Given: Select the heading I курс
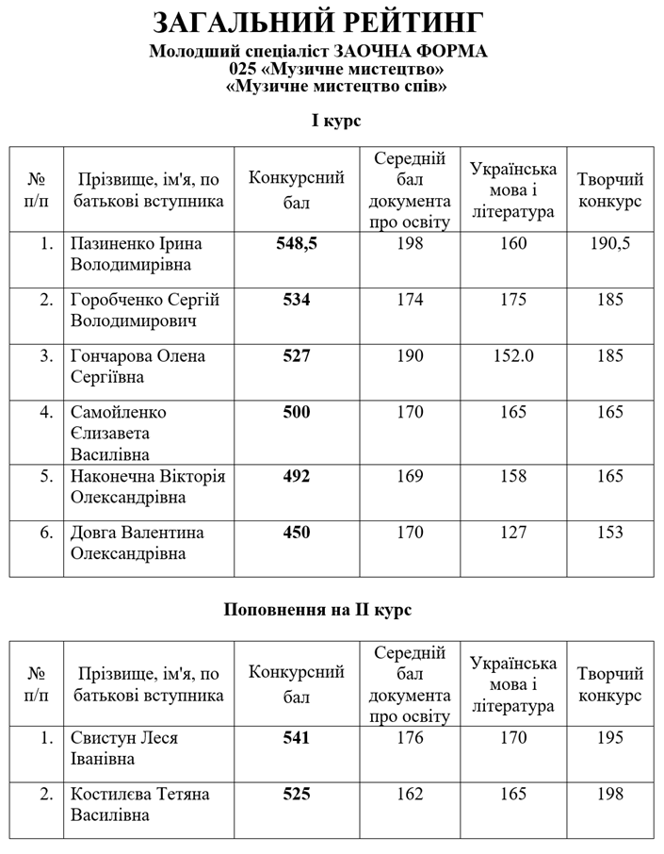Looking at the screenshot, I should [x=336, y=121].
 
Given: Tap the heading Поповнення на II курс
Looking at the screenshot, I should [x=317, y=610].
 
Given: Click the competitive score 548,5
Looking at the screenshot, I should [x=297, y=243].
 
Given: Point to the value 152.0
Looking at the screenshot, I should [x=513, y=356].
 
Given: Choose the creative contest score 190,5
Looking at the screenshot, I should [x=609, y=243].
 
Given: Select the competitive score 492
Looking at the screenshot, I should [x=297, y=476].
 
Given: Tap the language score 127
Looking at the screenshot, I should [x=513, y=533].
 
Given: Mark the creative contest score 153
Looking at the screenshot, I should [x=609, y=533].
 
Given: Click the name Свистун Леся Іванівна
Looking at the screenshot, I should [x=124, y=747].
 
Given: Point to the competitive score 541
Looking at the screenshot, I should [x=297, y=738].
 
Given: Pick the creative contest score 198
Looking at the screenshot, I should [x=609, y=794].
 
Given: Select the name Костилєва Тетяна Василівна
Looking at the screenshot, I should [x=139, y=804].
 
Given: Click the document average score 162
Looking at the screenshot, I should [x=410, y=794].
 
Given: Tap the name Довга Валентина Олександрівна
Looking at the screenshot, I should [x=138, y=543].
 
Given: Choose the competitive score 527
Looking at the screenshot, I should [x=297, y=356].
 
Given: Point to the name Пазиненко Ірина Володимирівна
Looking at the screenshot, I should [x=137, y=254].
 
